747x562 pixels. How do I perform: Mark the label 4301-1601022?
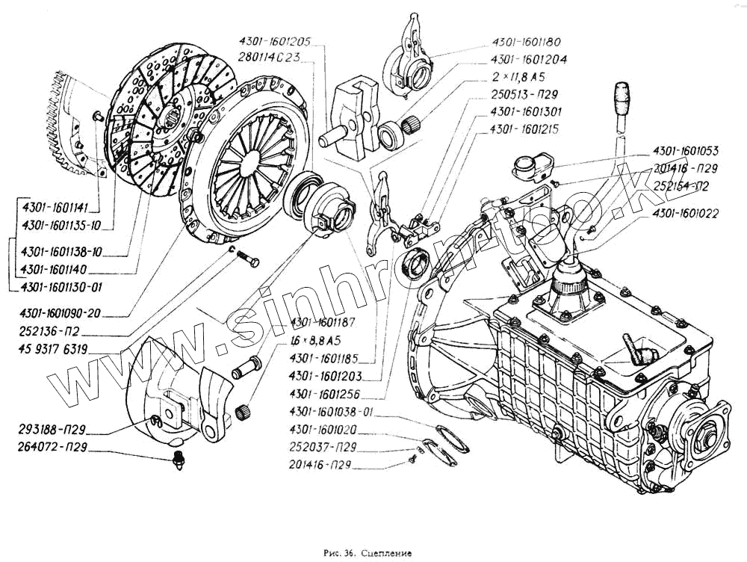click(x=685, y=213)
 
